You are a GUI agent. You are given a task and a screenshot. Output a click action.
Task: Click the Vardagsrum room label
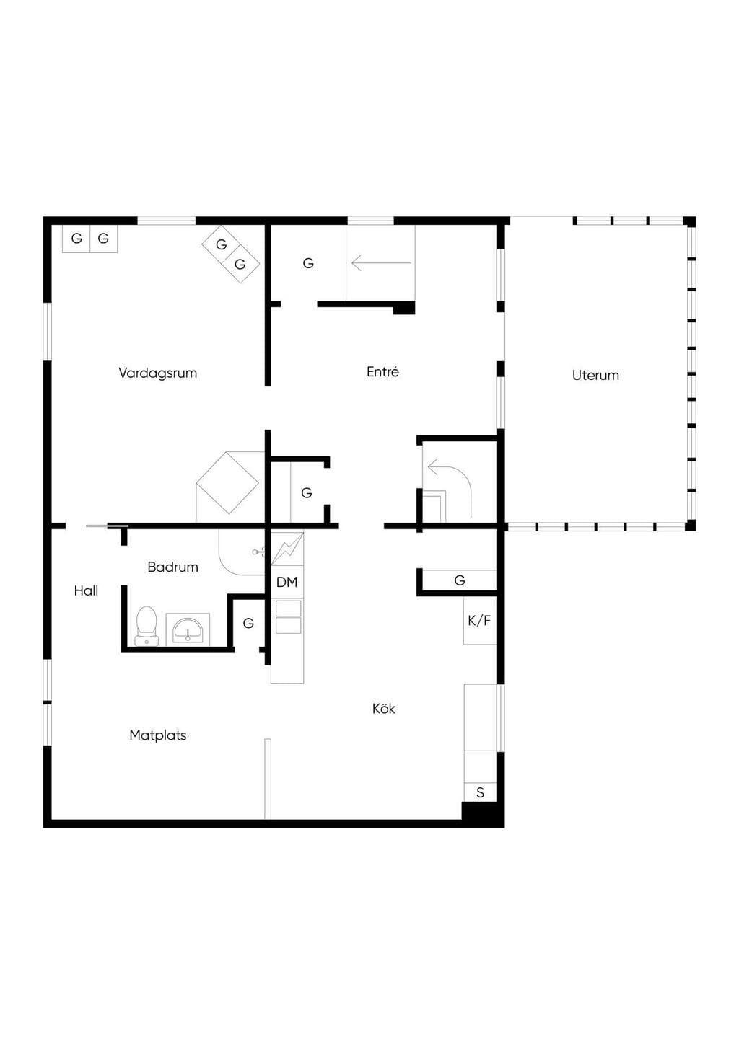click(158, 373)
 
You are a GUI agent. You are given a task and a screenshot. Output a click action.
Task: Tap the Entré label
click(382, 371)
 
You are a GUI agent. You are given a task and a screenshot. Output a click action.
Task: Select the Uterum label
click(595, 375)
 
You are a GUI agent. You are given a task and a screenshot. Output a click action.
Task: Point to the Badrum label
click(172, 567)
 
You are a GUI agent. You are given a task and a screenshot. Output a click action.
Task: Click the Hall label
click(86, 590)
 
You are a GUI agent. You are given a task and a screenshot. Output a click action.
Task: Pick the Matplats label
click(158, 735)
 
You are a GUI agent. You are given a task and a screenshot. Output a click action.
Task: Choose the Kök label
click(383, 709)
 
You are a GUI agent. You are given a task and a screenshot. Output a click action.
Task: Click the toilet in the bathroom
click(147, 626)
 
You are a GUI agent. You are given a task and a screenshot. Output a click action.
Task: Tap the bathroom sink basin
click(188, 629)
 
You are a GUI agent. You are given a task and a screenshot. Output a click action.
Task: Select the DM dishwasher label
click(287, 582)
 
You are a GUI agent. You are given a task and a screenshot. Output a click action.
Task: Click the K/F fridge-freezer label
click(479, 620)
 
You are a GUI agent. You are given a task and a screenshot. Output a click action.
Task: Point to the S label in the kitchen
click(480, 792)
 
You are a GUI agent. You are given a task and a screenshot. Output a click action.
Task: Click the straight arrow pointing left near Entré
click(381, 263)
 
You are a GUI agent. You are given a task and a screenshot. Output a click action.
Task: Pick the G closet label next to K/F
click(460, 580)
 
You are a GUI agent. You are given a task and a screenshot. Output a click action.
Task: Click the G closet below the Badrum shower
click(248, 623)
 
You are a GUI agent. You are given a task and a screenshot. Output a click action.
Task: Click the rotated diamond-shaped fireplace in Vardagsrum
click(227, 483)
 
